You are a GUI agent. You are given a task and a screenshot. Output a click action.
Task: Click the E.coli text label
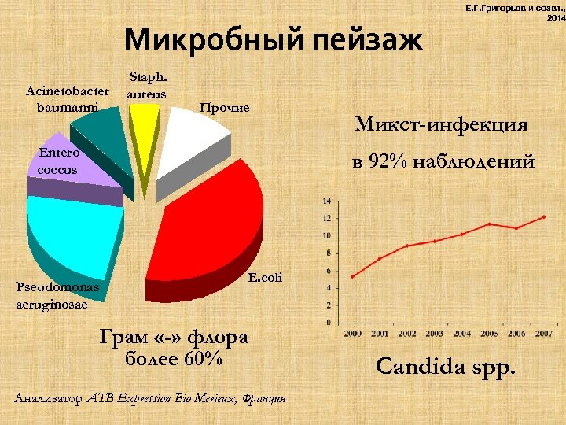264,277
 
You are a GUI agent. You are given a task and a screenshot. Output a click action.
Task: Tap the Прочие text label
225,106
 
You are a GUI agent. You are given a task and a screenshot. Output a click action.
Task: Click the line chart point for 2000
353,276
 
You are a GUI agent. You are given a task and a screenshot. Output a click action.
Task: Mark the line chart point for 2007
542,217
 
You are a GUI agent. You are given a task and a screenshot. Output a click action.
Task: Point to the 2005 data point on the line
489,224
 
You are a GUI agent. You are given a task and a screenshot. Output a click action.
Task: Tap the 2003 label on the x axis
434,333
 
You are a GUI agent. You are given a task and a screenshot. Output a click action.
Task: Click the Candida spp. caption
446,366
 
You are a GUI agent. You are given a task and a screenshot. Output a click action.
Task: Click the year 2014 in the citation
555,17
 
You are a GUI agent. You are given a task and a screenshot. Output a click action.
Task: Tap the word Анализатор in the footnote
47,399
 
